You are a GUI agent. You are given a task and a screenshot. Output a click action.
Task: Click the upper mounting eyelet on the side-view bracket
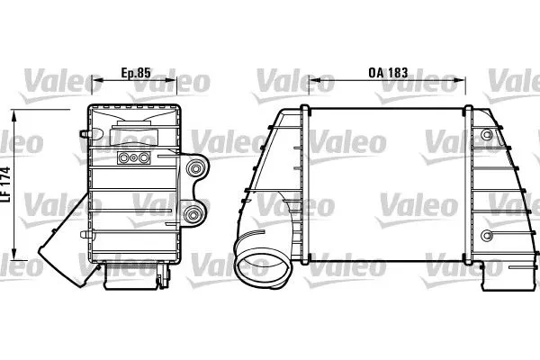193,170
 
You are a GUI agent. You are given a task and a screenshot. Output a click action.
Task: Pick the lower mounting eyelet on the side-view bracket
192,214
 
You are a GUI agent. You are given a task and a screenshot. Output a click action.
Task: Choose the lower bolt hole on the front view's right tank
487,236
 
